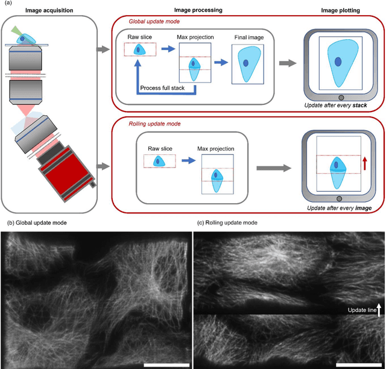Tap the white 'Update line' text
(361, 311)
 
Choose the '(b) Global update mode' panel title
(37, 222)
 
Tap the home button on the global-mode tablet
(341, 98)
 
